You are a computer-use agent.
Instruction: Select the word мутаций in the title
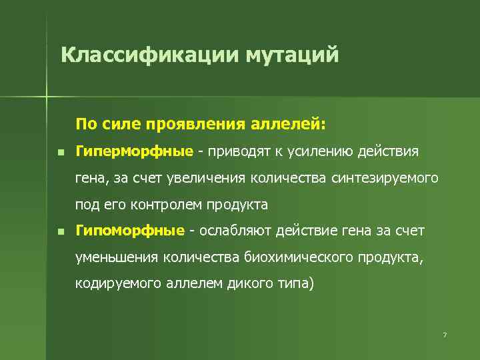click(x=294, y=54)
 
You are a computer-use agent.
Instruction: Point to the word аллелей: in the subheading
click(x=288, y=124)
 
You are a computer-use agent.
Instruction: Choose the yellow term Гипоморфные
click(x=130, y=231)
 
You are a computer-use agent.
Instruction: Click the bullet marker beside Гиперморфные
click(x=61, y=152)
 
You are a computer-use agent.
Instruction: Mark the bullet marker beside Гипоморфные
click(x=61, y=231)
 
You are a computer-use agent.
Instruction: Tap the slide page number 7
click(x=444, y=334)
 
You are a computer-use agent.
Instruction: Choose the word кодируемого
click(x=115, y=283)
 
